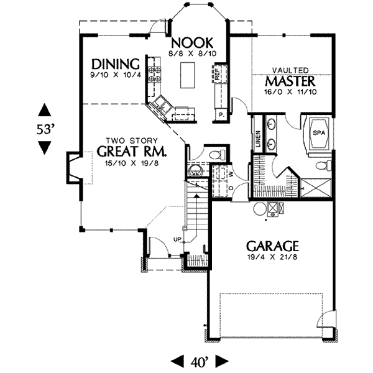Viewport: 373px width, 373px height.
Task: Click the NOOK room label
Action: (193, 42)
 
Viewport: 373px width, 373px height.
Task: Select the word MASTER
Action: (290, 82)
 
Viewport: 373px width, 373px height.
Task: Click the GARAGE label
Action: (272, 246)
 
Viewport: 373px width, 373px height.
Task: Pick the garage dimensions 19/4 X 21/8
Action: (272, 257)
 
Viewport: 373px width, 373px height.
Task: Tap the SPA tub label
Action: (318, 133)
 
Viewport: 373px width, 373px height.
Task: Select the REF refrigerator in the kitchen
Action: (218, 74)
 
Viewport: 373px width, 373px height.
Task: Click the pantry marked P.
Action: (221, 115)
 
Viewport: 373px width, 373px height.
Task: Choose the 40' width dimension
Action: (199, 360)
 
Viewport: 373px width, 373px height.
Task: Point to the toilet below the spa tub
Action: (322, 165)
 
